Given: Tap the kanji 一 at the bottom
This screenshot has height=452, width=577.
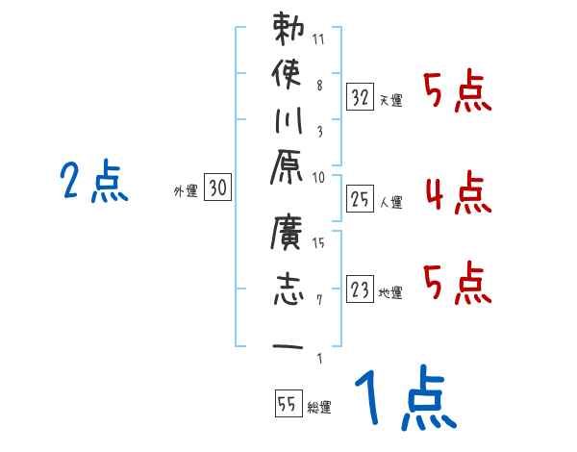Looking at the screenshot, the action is (288, 347).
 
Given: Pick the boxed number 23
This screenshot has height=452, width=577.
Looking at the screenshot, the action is (360, 289).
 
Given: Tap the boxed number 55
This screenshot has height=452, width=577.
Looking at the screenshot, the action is (287, 405).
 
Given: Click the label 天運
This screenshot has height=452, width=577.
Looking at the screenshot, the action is (391, 100).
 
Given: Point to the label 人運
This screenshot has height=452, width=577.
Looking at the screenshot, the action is (391, 202).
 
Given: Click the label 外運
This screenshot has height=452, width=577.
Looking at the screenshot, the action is (185, 192).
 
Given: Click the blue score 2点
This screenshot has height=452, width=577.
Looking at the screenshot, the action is (94, 182).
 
